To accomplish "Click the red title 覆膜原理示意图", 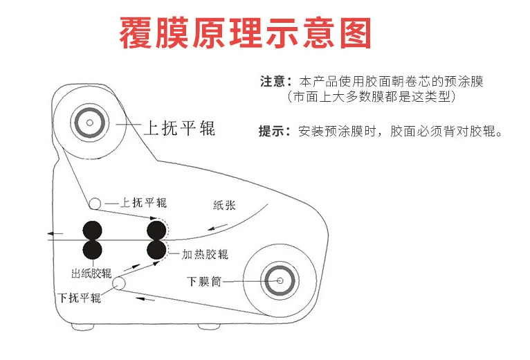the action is tap(246, 33).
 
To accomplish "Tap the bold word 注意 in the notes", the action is tap(271, 82).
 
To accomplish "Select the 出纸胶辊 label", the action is tap(91, 272).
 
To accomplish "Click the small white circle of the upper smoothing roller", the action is tap(94, 203).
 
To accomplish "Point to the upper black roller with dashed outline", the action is tap(155, 228).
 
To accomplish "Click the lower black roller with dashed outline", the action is tap(156, 249).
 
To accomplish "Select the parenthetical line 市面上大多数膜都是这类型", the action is tap(372, 98).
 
